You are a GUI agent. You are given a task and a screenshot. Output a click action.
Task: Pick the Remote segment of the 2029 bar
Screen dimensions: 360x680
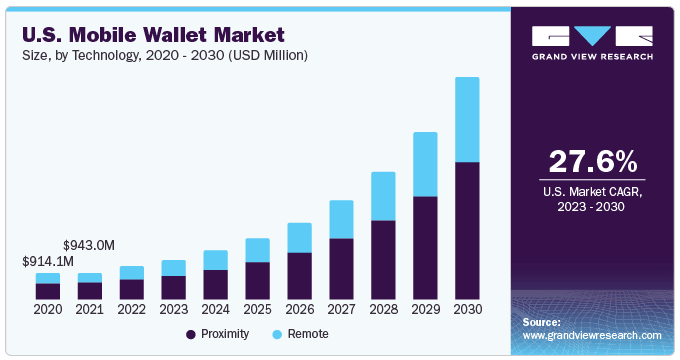click(x=425, y=164)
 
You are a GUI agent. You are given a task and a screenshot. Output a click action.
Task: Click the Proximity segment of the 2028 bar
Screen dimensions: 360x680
click(x=383, y=259)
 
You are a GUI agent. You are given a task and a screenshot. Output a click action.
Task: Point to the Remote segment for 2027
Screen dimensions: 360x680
click(x=341, y=219)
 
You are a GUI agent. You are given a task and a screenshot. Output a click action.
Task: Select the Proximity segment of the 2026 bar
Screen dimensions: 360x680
click(x=299, y=275)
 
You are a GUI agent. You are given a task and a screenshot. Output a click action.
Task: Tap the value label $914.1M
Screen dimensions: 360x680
click(x=48, y=262)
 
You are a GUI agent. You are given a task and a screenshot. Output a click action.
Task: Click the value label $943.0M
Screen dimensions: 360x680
click(x=89, y=245)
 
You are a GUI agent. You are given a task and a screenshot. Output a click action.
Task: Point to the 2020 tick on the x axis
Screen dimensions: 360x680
click(x=48, y=310)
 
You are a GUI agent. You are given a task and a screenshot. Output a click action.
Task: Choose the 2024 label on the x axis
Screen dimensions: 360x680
click(x=215, y=310)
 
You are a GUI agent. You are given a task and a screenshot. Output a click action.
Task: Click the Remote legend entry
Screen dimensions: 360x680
click(x=298, y=333)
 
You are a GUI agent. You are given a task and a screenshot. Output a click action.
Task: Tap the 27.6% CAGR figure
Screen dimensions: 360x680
click(x=592, y=161)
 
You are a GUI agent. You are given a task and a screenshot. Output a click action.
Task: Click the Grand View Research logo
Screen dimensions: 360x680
click(x=592, y=41)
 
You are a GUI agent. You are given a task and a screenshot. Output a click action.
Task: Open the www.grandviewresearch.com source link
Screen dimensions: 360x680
click(x=592, y=336)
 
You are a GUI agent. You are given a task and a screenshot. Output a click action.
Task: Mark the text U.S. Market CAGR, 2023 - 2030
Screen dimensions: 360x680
click(x=592, y=198)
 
